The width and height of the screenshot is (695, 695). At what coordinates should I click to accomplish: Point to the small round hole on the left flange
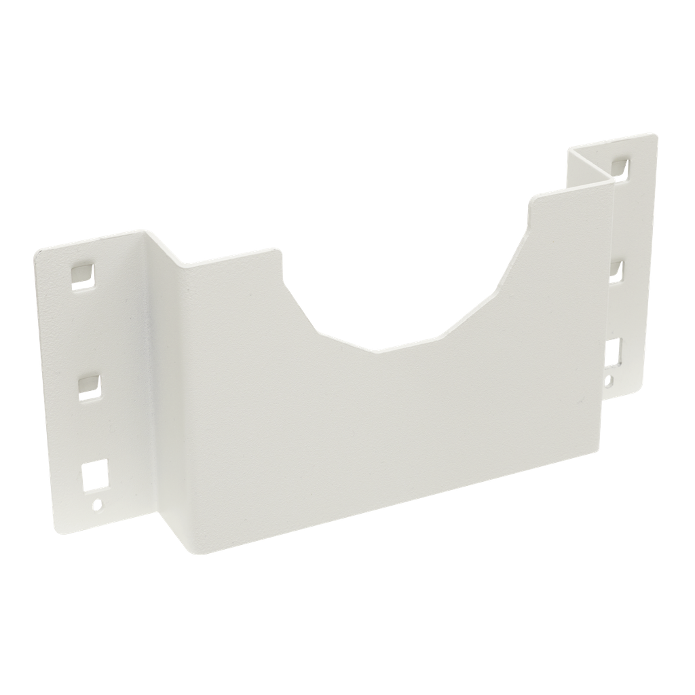tap(97, 504)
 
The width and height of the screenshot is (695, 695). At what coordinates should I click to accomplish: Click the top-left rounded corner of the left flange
tap(37, 253)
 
